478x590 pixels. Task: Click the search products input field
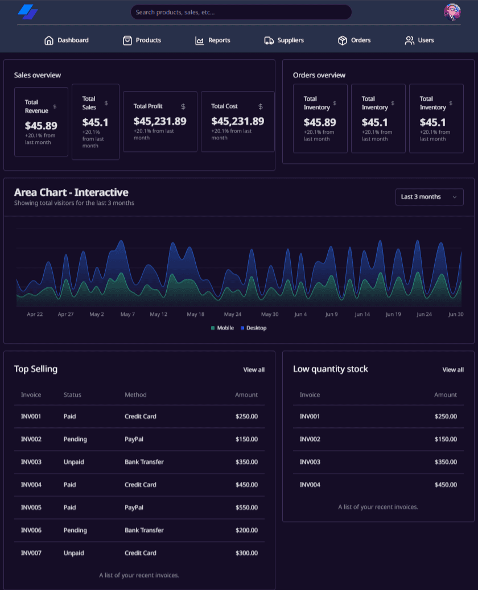pyautogui.click(x=241, y=12)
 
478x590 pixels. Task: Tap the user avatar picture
pyautogui.click(x=452, y=12)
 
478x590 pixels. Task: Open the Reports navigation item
pyautogui.click(x=213, y=40)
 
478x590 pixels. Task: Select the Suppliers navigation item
pyautogui.click(x=284, y=40)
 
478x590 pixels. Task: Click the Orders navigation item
pyautogui.click(x=354, y=40)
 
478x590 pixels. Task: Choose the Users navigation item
pyautogui.click(x=419, y=40)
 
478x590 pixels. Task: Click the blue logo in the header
pyautogui.click(x=28, y=12)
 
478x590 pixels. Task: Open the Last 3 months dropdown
pyautogui.click(x=429, y=197)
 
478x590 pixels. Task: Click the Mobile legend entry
pyautogui.click(x=222, y=328)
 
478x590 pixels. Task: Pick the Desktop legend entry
pyautogui.click(x=253, y=328)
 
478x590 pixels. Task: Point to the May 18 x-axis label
pyautogui.click(x=195, y=314)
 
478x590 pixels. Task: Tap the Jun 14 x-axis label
pyautogui.click(x=362, y=314)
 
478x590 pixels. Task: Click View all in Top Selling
pyautogui.click(x=254, y=370)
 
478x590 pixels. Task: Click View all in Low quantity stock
pyautogui.click(x=453, y=370)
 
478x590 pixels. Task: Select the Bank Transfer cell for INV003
pyautogui.click(x=144, y=462)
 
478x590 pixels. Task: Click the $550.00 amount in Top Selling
pyautogui.click(x=246, y=508)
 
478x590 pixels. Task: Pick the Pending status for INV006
pyautogui.click(x=75, y=531)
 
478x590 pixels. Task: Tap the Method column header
pyautogui.click(x=135, y=395)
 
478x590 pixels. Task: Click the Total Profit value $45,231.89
pyautogui.click(x=160, y=121)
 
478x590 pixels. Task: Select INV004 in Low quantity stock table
pyautogui.click(x=310, y=485)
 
